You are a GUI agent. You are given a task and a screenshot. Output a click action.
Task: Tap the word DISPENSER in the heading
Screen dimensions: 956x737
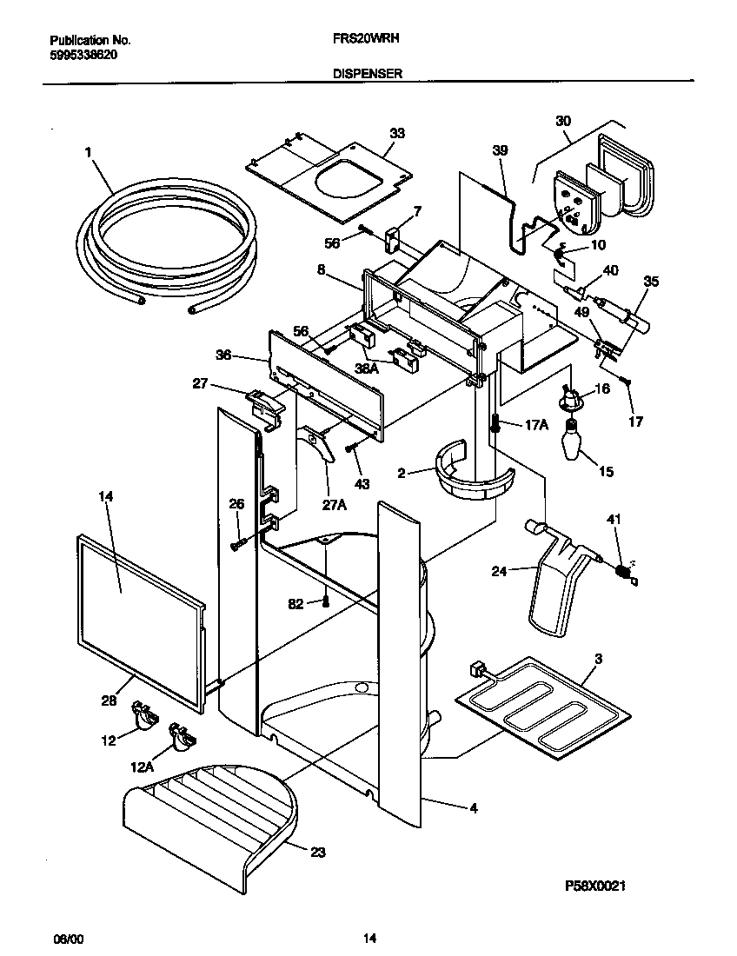pos(367,75)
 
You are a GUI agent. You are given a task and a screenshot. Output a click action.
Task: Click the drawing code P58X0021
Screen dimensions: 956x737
pos(595,886)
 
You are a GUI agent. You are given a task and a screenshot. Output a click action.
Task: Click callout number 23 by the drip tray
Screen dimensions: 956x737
pos(317,853)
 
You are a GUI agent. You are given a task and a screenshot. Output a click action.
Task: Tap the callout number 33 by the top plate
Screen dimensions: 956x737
pos(397,133)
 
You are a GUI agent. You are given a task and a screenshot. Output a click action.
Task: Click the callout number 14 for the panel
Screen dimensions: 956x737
pos(106,496)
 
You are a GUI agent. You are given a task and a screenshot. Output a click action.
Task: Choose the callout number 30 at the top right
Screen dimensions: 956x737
pos(563,122)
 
